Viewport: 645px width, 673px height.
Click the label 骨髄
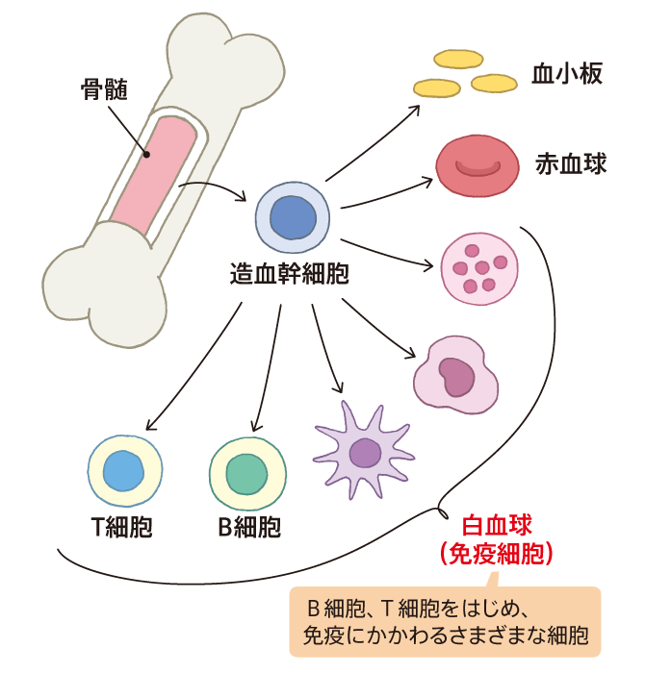tap(103, 91)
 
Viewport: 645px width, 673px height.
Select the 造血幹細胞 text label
tap(289, 273)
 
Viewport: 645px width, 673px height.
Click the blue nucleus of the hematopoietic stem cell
tap(294, 219)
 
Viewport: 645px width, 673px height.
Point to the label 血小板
tap(567, 74)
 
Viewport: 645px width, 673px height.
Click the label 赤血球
tap(571, 164)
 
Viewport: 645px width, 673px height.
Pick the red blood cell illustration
tap(473, 166)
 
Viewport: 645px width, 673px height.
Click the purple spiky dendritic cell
tap(364, 448)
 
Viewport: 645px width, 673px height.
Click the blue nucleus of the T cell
tap(122, 473)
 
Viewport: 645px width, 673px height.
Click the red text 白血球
tap(496, 526)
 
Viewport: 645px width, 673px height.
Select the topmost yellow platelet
tap(457, 60)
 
